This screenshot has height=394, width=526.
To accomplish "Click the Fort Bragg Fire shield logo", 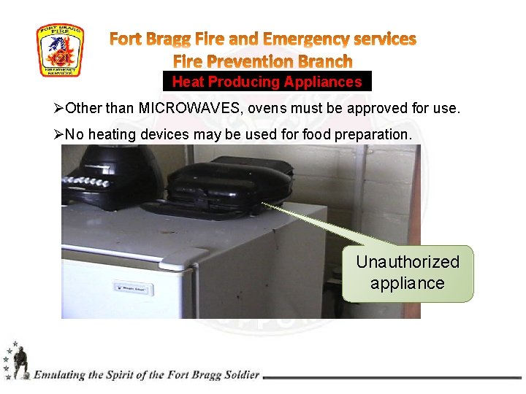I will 60,50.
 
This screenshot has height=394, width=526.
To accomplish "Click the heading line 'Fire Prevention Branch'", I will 262,61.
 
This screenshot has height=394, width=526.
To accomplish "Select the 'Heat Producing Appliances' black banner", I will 267,82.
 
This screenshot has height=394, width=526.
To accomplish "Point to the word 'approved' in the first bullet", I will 374,109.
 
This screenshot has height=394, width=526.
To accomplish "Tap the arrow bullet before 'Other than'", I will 60,109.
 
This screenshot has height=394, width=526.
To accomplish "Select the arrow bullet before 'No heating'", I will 60,135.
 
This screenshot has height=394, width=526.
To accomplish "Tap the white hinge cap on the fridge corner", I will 169,257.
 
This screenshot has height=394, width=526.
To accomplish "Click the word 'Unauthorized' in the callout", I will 408,262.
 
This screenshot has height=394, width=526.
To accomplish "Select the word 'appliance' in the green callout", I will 407,283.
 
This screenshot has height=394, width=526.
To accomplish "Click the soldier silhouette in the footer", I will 20,362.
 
